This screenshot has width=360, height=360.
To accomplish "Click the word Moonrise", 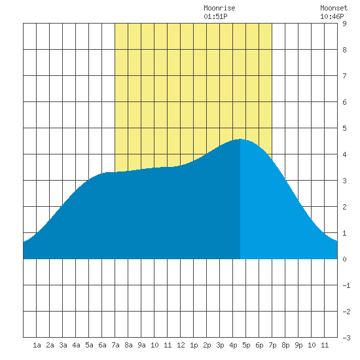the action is click(x=219, y=8).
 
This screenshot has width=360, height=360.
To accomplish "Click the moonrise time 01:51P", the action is click(x=215, y=16).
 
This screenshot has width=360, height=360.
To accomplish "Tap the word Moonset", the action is click(x=334, y=8).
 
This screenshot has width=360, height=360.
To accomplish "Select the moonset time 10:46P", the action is click(x=332, y=16).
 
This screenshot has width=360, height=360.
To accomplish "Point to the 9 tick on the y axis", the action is click(x=344, y=24).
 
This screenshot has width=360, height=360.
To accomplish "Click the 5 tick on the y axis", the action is click(x=344, y=128).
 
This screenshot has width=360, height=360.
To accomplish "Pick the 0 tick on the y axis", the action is click(x=344, y=259).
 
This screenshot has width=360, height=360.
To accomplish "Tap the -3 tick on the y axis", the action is click(x=346, y=338).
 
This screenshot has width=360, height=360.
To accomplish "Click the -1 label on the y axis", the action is click(x=346, y=285).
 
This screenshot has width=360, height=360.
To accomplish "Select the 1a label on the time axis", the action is click(x=37, y=345).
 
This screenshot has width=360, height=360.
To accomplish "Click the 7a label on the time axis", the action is click(x=115, y=345).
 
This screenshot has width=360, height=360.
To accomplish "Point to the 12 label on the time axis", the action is click(x=181, y=345).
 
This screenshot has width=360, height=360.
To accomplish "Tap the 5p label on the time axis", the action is click(x=246, y=345).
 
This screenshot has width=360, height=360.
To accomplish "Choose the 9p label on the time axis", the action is click(x=298, y=345).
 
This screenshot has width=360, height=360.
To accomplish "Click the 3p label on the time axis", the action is click(x=220, y=345).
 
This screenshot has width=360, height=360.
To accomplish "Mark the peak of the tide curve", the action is click(x=240, y=139).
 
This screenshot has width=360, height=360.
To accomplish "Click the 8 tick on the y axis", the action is click(x=344, y=50).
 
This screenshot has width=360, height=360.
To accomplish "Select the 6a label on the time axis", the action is click(x=102, y=345).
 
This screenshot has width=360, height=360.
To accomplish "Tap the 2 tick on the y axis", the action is click(x=344, y=207).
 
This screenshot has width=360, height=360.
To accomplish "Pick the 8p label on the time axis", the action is click(x=285, y=345).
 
